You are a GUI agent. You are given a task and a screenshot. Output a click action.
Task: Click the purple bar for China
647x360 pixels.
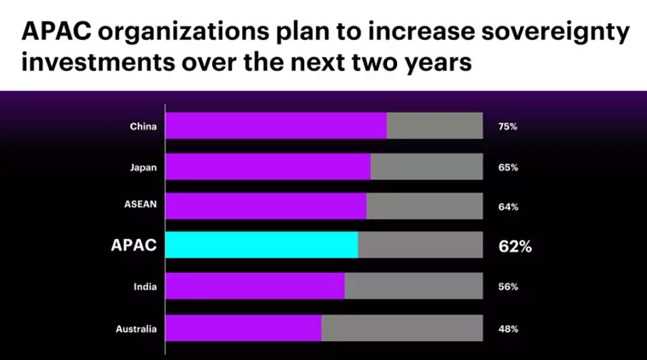tap(277, 126)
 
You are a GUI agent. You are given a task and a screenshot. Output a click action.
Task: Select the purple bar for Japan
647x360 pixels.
tap(269, 166)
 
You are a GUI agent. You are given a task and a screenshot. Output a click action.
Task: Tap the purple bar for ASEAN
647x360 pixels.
tap(266, 206)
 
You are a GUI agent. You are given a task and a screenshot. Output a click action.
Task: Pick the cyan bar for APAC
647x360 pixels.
tap(262, 245)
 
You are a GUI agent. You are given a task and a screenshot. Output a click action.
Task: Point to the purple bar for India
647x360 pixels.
tap(256, 286)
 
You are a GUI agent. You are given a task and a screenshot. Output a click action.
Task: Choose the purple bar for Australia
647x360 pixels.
tap(244, 328)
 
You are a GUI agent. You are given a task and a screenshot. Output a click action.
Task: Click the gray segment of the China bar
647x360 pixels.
tap(434, 126)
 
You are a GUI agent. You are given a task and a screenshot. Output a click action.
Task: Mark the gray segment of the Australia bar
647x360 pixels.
tap(402, 328)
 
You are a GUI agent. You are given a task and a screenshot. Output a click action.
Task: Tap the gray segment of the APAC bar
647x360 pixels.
tap(420, 245)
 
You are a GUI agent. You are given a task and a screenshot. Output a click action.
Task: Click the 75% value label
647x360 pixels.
tap(508, 126)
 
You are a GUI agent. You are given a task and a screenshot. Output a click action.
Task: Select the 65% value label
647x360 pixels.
tap(508, 167)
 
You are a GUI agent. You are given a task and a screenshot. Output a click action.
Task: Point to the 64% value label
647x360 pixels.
tap(508, 207)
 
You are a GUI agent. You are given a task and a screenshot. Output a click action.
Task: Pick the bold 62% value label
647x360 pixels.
tap(515, 246)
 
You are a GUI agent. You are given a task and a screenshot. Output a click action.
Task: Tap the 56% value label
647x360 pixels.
tap(508, 287)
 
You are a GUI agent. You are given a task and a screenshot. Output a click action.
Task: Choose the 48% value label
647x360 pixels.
tap(508, 329)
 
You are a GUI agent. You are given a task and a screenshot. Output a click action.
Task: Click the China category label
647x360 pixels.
tap(143, 126)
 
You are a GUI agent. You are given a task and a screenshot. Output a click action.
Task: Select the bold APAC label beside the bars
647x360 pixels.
tap(134, 245)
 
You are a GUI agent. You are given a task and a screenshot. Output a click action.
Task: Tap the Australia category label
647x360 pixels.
tap(136, 329)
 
